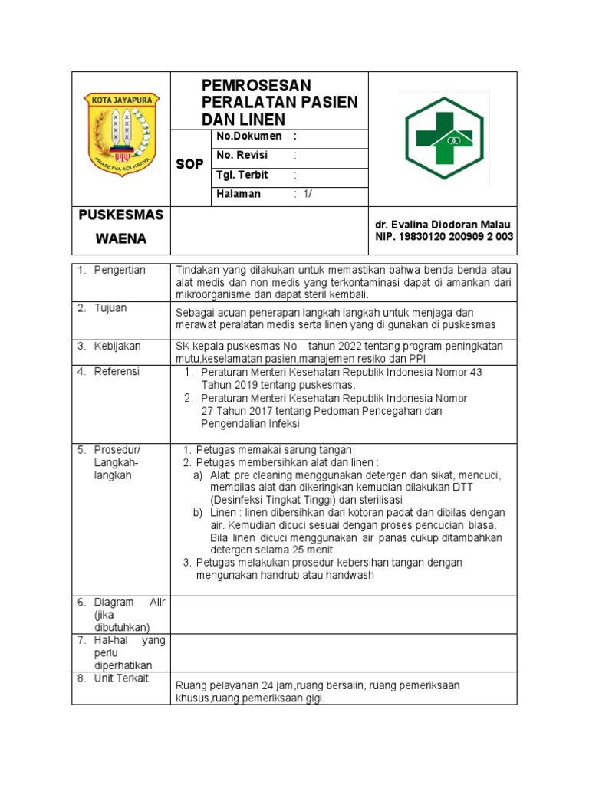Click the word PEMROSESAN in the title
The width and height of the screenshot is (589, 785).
click(256, 85)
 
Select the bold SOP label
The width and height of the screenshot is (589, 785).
click(190, 164)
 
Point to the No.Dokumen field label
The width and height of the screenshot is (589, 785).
click(249, 136)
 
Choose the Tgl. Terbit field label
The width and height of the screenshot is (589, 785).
click(242, 175)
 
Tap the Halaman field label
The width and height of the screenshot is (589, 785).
click(239, 194)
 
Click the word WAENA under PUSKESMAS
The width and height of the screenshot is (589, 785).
click(120, 239)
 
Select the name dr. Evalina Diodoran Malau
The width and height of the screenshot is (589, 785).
click(442, 225)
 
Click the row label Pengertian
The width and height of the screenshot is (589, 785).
click(120, 270)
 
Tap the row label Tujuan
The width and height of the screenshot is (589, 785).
click(110, 308)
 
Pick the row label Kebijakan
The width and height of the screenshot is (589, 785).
click(117, 347)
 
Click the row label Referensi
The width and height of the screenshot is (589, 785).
click(117, 372)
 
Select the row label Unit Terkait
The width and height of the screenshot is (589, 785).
click(121, 678)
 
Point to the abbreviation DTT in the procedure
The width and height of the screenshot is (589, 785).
click(462, 488)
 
